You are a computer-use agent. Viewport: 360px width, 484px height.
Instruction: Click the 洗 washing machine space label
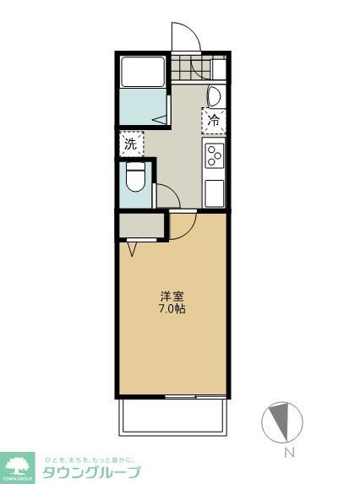click(x=130, y=144)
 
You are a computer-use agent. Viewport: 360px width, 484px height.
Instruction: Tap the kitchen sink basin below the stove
click(x=214, y=190)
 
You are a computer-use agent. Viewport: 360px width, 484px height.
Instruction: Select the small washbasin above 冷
click(x=215, y=94)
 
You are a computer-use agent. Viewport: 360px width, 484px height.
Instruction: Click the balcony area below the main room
click(x=173, y=416)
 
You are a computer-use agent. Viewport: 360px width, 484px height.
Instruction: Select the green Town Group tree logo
click(x=18, y=465)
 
